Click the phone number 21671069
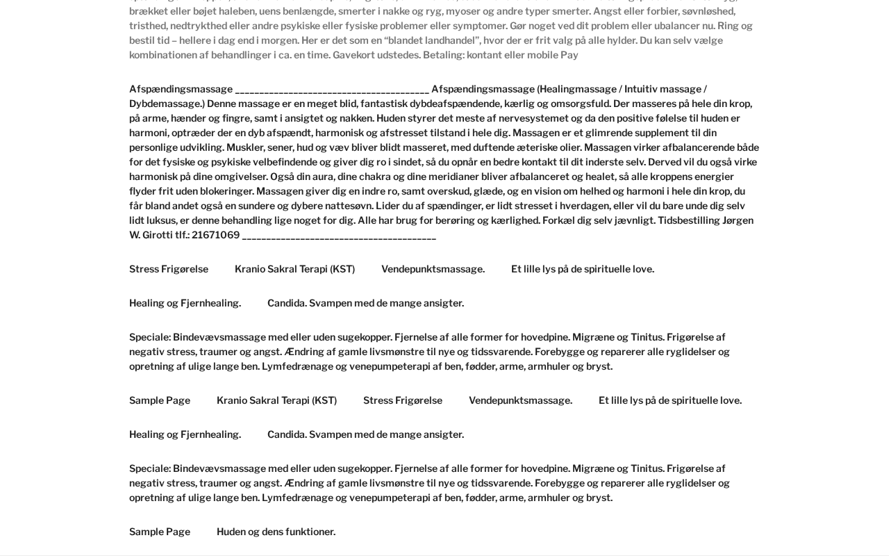pyautogui.click(x=215, y=235)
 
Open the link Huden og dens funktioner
pyautogui.click(x=276, y=532)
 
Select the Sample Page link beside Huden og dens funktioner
pyautogui.click(x=160, y=532)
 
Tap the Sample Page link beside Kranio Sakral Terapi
pyautogui.click(x=160, y=400)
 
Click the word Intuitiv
pyautogui.click(x=640, y=89)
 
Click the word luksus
pyautogui.click(x=160, y=220)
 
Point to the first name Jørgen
pyautogui.click(x=738, y=220)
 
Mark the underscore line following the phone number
pyautogui.click(x=339, y=236)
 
